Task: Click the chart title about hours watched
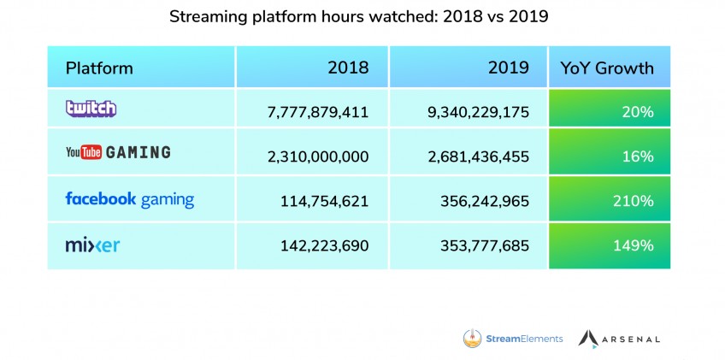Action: pyautogui.click(x=359, y=16)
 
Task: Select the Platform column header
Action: pyautogui.click(x=99, y=68)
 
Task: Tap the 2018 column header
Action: pyautogui.click(x=348, y=68)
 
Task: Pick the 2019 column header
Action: pyautogui.click(x=508, y=68)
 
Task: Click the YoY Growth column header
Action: pyautogui.click(x=607, y=68)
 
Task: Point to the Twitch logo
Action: pyautogui.click(x=91, y=109)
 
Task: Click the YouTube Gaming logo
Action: pyautogui.click(x=118, y=152)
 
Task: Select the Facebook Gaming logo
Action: pyautogui.click(x=129, y=200)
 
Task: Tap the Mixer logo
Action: pyautogui.click(x=92, y=245)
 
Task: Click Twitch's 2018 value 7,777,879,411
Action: pyautogui.click(x=318, y=112)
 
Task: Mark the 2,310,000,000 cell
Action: pyautogui.click(x=318, y=156)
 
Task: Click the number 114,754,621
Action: pyautogui.click(x=325, y=201)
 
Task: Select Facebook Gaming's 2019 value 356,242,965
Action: pyautogui.click(x=485, y=201)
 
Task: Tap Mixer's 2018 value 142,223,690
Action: pyautogui.click(x=325, y=245)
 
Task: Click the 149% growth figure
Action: pyautogui.click(x=634, y=245)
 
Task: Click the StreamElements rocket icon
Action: pyautogui.click(x=472, y=339)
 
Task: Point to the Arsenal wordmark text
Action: pyautogui.click(x=632, y=339)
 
